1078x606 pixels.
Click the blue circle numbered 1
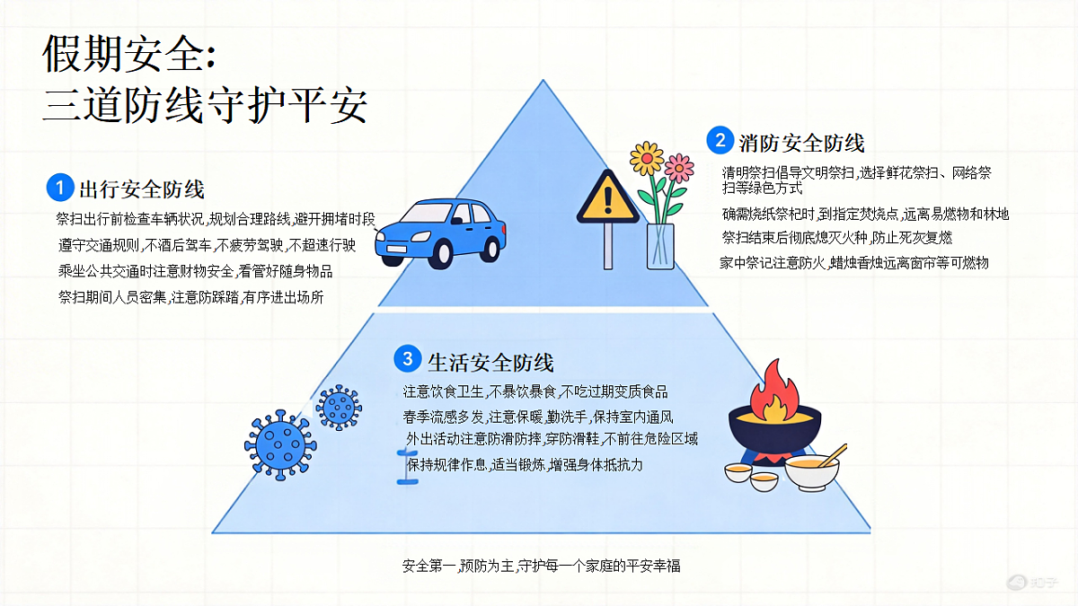tap(60, 188)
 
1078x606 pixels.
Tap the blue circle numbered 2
tap(720, 140)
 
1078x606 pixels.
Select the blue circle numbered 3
tap(408, 359)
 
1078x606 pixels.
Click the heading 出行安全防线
tap(142, 189)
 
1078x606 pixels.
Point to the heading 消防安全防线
tap(801, 143)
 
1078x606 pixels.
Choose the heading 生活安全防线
tap(490, 362)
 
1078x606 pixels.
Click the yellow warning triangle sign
tap(608, 198)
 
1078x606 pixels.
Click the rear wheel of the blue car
tap(490, 248)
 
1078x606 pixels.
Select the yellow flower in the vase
tap(647, 158)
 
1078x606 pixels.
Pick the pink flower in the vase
tap(678, 168)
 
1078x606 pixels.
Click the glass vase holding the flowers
tap(660, 246)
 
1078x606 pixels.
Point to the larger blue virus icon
tap(280, 445)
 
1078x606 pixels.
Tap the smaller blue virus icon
tap(340, 407)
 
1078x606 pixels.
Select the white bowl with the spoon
tap(812, 472)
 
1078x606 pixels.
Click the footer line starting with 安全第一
tap(542, 566)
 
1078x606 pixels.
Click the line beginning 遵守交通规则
tap(207, 245)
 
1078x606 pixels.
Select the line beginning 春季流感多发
tap(538, 417)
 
